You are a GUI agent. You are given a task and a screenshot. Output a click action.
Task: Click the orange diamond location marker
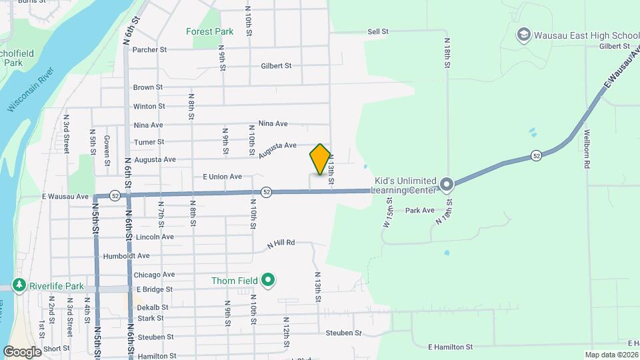[320, 160]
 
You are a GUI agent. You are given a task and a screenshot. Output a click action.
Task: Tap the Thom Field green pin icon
[268, 280]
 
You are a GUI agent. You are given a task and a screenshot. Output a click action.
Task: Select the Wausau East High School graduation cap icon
[524, 34]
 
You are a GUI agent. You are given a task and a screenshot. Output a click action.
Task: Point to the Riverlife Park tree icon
[19, 285]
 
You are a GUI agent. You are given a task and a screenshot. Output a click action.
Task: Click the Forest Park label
[210, 31]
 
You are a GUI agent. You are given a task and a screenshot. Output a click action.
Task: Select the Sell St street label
[377, 31]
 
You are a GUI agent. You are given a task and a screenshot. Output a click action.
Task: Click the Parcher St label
[149, 49]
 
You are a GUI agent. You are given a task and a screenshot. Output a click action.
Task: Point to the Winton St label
[149, 106]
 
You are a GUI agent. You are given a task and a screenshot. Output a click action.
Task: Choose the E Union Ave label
[222, 177]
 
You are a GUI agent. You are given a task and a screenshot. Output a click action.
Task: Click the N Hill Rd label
[281, 243]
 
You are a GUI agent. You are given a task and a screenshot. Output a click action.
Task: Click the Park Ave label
[419, 210]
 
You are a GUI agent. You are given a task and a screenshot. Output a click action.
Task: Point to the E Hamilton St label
[450, 347]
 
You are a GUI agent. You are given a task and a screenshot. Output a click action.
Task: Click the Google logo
[22, 351]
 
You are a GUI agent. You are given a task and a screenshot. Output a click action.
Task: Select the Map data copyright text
[611, 355]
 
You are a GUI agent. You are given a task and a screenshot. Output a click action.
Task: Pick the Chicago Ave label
[154, 274]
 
